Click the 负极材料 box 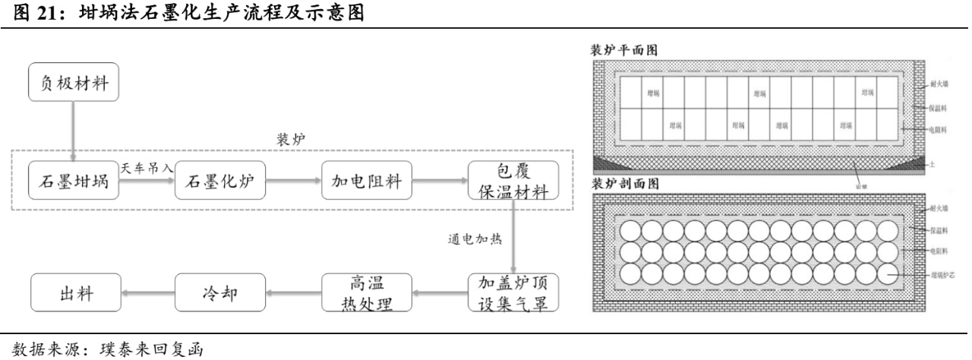click(x=74, y=84)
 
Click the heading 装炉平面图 click(x=625, y=49)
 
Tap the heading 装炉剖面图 click(x=625, y=185)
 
